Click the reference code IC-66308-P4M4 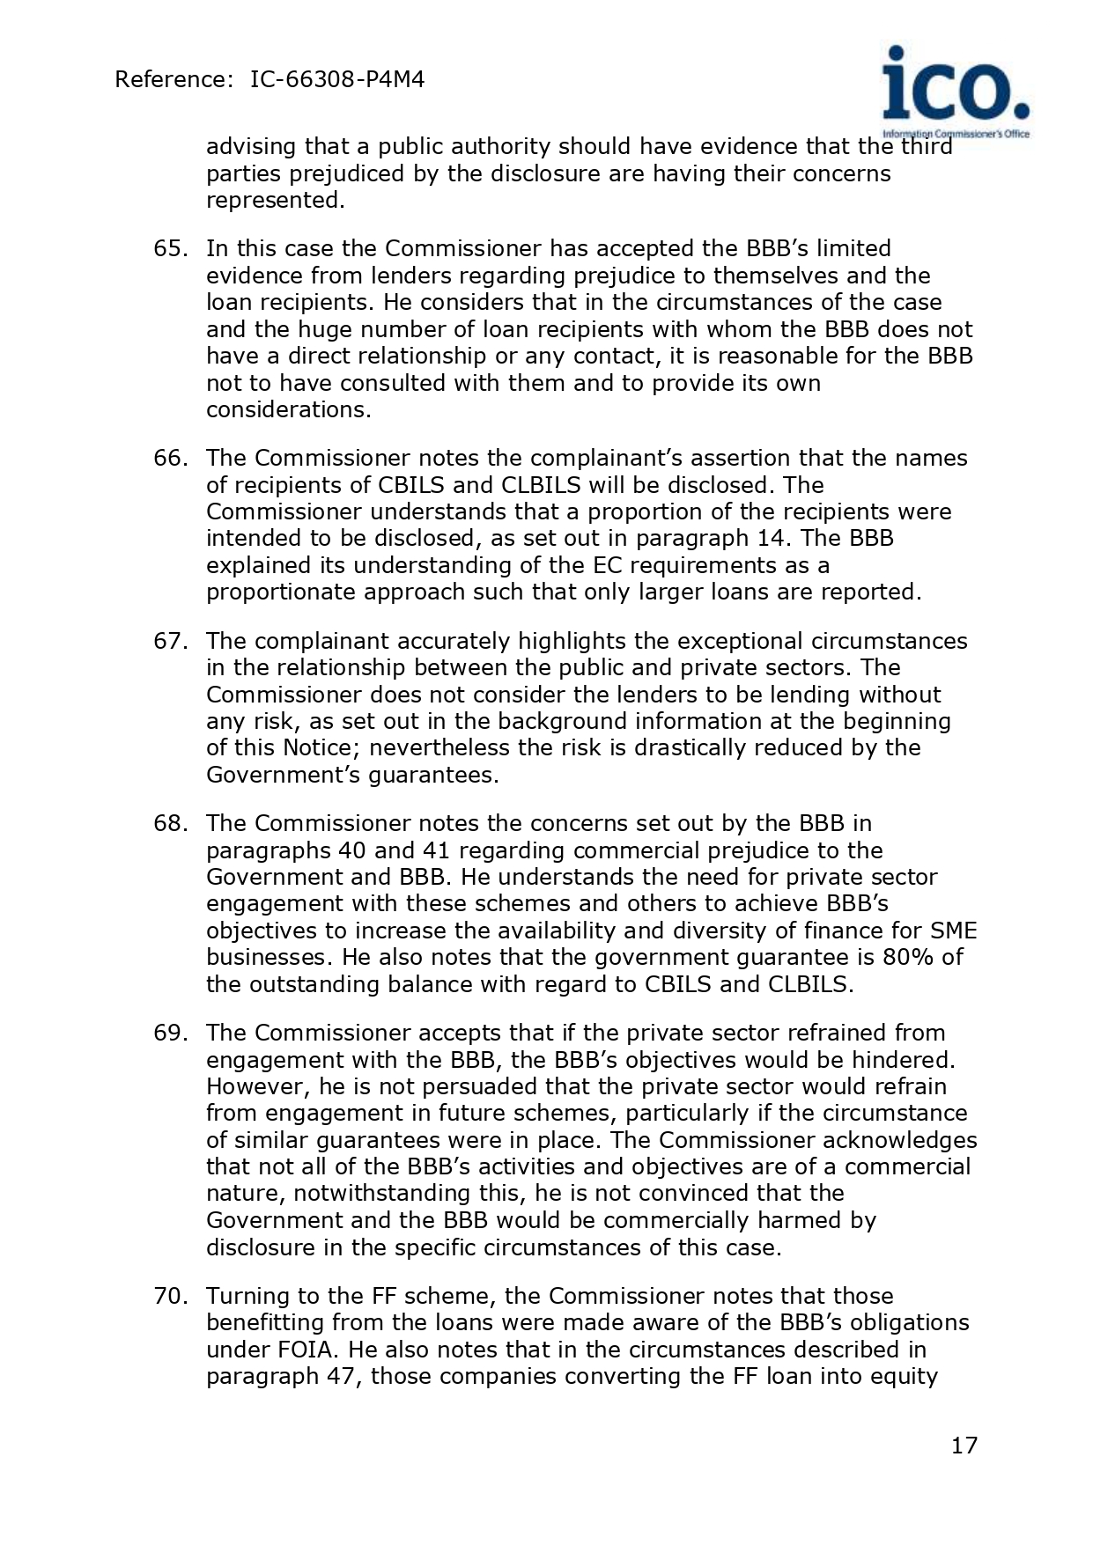[337, 80]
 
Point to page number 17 [964, 1446]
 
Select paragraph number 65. [170, 249]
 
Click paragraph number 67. [170, 641]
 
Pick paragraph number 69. [170, 1033]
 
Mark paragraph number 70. [170, 1296]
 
